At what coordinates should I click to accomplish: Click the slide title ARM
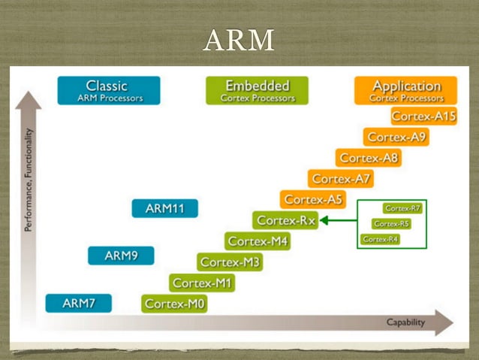point(238,40)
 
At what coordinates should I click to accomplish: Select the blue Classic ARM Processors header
point(108,90)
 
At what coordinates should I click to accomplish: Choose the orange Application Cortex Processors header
point(406,90)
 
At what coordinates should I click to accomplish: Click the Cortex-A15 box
point(423,116)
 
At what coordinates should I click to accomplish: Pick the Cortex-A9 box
point(396,137)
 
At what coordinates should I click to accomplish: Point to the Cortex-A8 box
point(369,158)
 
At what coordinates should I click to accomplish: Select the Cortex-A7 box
point(341,179)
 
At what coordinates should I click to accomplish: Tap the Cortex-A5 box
point(313,199)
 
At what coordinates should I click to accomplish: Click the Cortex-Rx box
point(285,220)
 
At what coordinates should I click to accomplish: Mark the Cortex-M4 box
point(258,241)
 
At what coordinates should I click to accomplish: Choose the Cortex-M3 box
point(230,262)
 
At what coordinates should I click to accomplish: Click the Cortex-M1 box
point(202,283)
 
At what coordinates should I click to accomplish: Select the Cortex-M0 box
point(174,304)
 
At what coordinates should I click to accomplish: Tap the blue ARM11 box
point(164,208)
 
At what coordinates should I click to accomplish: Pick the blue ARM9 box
point(121,256)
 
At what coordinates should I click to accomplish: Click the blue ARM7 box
point(78,303)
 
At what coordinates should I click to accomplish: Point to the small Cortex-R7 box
point(402,208)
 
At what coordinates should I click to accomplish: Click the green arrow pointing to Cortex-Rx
point(339,220)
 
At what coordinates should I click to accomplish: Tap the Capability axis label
point(405,322)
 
